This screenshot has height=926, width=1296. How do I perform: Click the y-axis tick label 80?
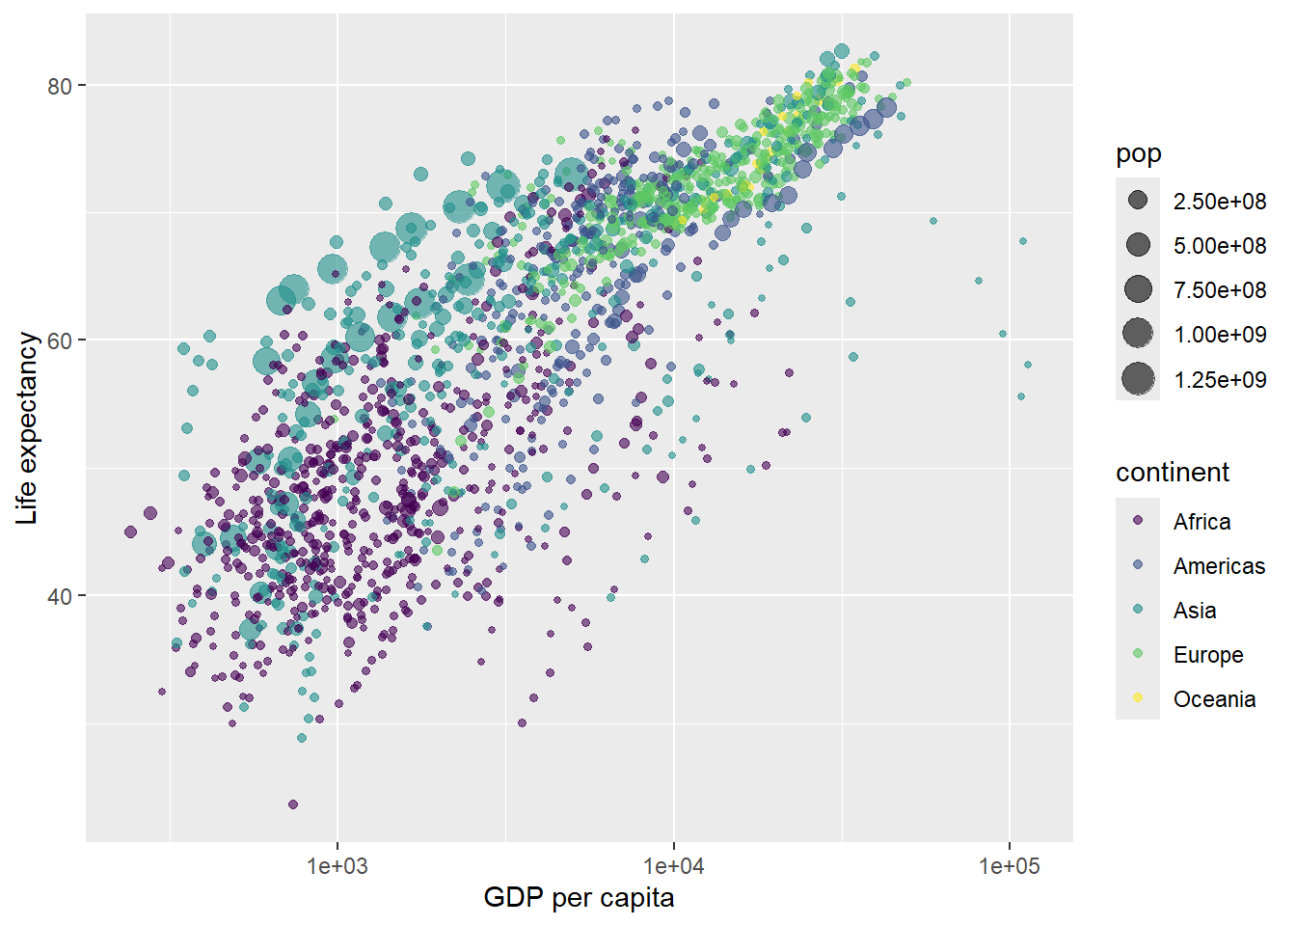coord(60,86)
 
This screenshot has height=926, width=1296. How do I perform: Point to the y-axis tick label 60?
coord(60,340)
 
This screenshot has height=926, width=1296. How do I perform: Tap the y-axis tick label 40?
coord(60,595)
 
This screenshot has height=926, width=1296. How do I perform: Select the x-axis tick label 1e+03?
coord(337,865)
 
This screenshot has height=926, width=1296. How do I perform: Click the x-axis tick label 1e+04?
coord(674,865)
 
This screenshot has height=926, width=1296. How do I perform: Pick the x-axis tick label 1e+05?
coord(1010,865)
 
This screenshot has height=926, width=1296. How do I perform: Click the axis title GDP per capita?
coord(579,898)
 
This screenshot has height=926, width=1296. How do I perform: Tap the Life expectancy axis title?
coord(27,428)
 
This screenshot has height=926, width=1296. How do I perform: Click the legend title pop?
coord(1138,154)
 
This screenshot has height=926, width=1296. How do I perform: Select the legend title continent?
coord(1172,473)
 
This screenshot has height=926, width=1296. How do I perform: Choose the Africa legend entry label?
coord(1201,522)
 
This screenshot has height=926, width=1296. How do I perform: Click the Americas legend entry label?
coord(1219,566)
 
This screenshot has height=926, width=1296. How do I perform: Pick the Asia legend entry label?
coord(1195,611)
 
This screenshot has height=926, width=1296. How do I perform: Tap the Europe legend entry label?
coord(1208,655)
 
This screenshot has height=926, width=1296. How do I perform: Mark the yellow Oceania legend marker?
coord(1138,698)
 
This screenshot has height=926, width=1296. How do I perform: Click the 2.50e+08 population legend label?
coord(1220,202)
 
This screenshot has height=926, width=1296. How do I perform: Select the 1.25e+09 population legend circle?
coord(1138,379)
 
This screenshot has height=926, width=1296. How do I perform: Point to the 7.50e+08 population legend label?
coord(1220,290)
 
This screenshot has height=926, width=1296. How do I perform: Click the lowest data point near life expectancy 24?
coord(293,804)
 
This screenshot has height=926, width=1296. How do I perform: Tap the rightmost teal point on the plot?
coord(1028,365)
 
